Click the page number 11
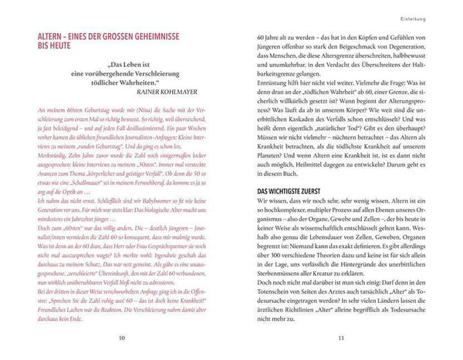coord(340,338)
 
